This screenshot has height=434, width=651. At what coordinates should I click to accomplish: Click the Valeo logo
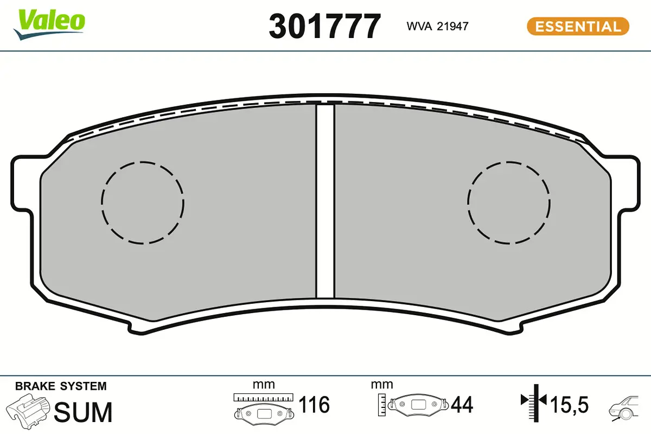49,23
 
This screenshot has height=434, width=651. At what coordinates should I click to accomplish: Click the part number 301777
325,26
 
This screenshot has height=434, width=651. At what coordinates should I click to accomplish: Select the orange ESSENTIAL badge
578,27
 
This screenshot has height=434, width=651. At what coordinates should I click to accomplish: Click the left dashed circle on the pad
143,202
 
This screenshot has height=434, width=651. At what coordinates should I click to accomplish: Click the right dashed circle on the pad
509,202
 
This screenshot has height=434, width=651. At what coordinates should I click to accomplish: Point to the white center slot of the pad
325,201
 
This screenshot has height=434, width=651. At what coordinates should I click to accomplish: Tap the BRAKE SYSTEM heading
61,386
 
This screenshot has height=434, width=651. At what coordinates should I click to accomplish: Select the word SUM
84,412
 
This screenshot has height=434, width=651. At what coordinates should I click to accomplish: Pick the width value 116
314,405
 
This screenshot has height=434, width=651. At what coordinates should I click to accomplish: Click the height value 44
462,405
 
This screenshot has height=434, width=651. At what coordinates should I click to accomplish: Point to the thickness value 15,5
569,405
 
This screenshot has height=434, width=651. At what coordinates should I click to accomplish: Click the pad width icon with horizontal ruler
263,407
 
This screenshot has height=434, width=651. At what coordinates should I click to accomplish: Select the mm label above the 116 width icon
264,385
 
